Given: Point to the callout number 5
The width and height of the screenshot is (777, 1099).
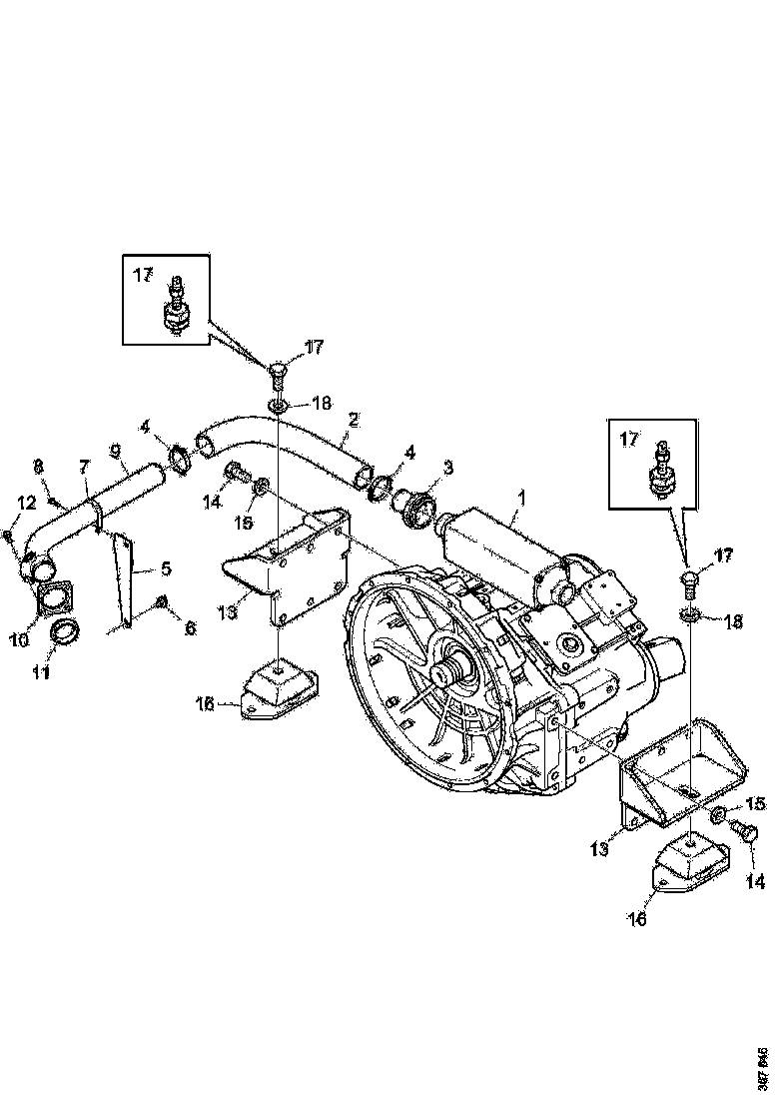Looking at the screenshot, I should pos(166,568).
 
